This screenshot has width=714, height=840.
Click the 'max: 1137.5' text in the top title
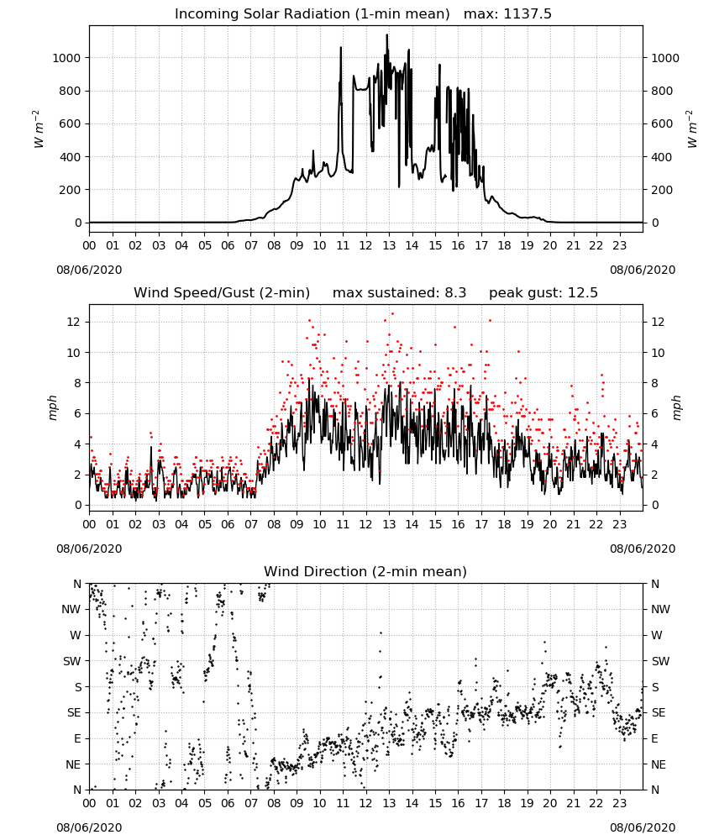pos(507,14)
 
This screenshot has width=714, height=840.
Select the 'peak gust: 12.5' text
pos(543,293)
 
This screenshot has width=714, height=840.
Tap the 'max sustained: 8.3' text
pos(400,293)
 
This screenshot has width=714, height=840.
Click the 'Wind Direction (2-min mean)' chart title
pos(365,571)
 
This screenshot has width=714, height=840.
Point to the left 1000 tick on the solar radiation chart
pos(66,58)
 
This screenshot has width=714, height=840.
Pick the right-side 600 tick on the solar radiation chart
pos(662,123)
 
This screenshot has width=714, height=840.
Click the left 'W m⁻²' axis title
pos(38,129)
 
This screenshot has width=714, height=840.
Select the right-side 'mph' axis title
pos(676,407)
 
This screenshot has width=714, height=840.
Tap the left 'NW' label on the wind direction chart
pos(71,610)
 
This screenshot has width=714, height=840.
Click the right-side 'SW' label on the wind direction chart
pos(660,661)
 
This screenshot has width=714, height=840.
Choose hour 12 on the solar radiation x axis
pos(365,245)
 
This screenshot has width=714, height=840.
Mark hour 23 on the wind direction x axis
pos(619,803)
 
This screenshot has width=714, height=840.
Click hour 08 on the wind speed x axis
pos(274,524)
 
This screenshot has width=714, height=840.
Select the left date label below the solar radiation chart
pos(89,270)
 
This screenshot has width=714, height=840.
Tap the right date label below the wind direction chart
pos(643,827)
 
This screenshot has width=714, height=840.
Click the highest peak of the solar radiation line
pos(386,34)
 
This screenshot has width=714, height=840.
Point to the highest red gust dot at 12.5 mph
pos(392,314)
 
